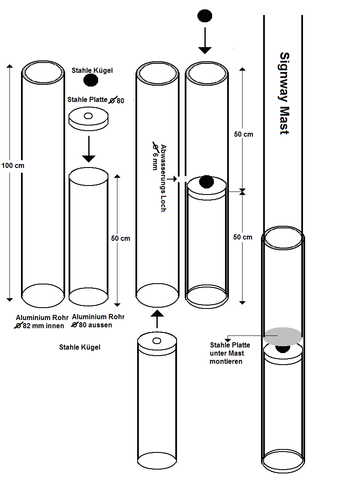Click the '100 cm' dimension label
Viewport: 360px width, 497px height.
click(x=13, y=165)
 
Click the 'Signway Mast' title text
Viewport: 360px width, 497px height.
click(x=285, y=93)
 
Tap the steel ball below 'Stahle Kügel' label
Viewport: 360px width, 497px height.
click(x=91, y=81)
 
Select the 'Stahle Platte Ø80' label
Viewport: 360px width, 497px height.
click(x=96, y=100)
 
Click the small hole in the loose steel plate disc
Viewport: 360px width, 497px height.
click(x=88, y=116)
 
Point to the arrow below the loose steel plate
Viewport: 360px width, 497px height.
click(x=89, y=149)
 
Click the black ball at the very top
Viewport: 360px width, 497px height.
click(x=204, y=16)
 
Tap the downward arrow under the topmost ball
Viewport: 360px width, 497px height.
click(x=205, y=41)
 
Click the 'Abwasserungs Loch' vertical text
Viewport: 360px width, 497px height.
click(x=163, y=178)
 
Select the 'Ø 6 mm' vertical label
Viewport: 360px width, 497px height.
click(x=155, y=156)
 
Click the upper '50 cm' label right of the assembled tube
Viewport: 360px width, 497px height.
click(x=243, y=135)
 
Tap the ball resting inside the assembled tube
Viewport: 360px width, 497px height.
click(x=207, y=182)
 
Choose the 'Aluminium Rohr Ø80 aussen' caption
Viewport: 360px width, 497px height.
click(x=98, y=321)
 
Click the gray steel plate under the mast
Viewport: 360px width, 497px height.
click(x=283, y=336)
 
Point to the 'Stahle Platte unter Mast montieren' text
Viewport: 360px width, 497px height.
click(x=230, y=353)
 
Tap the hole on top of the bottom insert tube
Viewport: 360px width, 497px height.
click(x=157, y=341)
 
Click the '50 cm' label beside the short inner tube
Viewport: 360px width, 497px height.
click(x=120, y=238)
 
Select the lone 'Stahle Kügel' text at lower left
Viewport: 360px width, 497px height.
click(x=80, y=347)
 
